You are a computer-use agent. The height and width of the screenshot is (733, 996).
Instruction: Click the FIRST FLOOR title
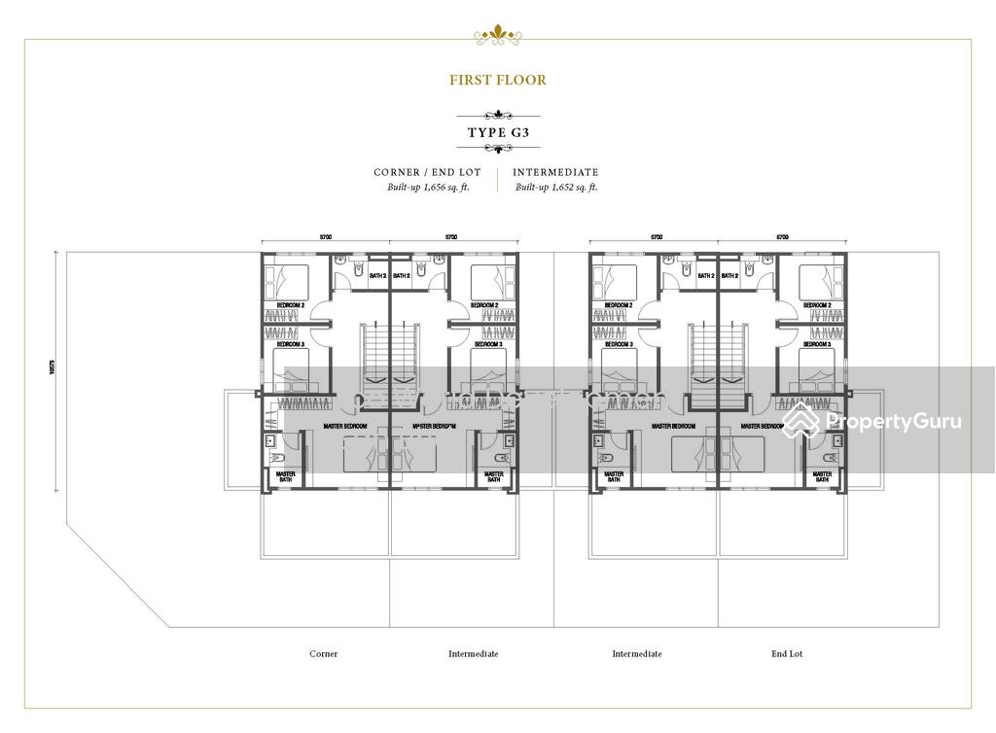(x=497, y=81)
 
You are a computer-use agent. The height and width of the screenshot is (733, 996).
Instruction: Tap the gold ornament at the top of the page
(x=497, y=36)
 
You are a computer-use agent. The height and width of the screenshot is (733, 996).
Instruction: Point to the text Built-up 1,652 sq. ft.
(x=556, y=187)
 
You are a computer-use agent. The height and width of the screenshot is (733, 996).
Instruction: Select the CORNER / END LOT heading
(x=428, y=172)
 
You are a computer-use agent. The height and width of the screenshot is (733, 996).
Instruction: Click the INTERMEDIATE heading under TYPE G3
(x=556, y=172)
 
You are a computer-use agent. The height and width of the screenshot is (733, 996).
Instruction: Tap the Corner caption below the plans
(x=324, y=654)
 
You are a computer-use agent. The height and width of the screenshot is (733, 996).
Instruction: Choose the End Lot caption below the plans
(x=788, y=654)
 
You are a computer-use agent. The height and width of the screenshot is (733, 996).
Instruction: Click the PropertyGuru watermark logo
(x=872, y=421)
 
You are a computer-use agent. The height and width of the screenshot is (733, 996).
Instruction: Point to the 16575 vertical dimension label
(x=53, y=371)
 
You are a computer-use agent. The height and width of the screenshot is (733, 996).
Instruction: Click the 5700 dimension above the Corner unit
(x=327, y=237)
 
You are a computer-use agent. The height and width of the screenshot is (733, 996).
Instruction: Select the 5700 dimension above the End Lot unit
(x=782, y=237)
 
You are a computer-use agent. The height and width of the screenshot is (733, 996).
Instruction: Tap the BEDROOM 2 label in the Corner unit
(x=290, y=305)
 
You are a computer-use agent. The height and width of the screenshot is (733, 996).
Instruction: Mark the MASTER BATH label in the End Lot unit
(x=822, y=476)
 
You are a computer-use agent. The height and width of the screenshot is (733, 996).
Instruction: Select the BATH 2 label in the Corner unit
(x=378, y=276)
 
